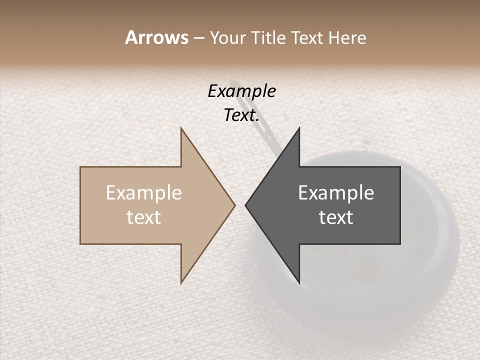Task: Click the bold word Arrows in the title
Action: (156, 37)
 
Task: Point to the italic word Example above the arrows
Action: (241, 91)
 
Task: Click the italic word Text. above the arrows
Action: (241, 115)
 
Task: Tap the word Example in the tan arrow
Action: (144, 193)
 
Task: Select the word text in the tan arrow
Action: (144, 217)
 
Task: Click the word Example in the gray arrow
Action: (336, 193)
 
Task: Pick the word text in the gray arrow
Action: (336, 217)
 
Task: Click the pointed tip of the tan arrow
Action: (234, 205)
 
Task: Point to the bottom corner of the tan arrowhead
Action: (181, 282)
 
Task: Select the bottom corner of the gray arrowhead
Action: (299, 282)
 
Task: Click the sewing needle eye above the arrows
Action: (233, 83)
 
